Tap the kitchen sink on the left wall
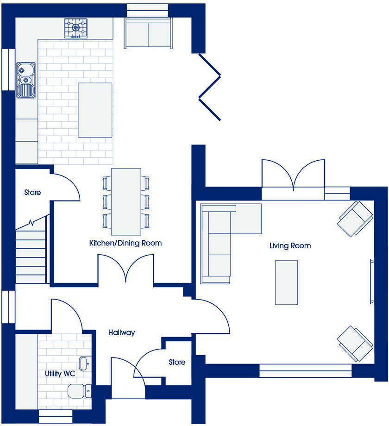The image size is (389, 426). coord(25,80)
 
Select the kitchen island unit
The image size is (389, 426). coord(95,110)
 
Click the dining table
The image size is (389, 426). coord(126,201)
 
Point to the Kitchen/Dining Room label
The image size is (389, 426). coord(125,243)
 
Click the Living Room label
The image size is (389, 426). coord(290,246)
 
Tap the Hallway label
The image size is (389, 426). coord(122,332)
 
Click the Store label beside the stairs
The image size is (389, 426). coord(32,193)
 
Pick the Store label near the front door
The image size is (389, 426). coord(177,362)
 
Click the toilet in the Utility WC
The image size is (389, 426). coord(79,391)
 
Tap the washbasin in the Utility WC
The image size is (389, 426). coord(85,363)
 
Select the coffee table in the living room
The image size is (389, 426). coord(286,282)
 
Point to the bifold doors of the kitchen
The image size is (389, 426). coord(209,87)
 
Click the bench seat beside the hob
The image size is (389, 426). coord(148,32)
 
